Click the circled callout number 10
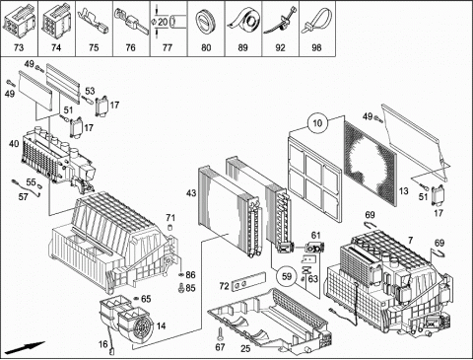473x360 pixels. (x=317, y=123)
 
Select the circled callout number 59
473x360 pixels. (x=287, y=276)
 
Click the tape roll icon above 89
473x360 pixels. (x=243, y=21)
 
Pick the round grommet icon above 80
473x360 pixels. (x=206, y=22)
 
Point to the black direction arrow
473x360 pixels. (x=25, y=348)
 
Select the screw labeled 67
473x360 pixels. (x=220, y=334)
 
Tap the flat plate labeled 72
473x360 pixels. (x=248, y=281)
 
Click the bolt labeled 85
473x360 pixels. (x=180, y=288)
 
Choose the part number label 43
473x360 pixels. (x=191, y=193)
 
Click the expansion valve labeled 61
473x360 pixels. (x=314, y=247)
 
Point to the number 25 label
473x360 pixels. (x=245, y=348)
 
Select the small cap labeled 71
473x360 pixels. (x=170, y=228)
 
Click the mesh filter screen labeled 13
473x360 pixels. (x=370, y=162)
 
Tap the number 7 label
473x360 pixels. (x=410, y=241)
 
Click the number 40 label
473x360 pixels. (x=14, y=144)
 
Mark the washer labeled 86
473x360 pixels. (x=180, y=274)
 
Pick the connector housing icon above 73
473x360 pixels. (x=19, y=21)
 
